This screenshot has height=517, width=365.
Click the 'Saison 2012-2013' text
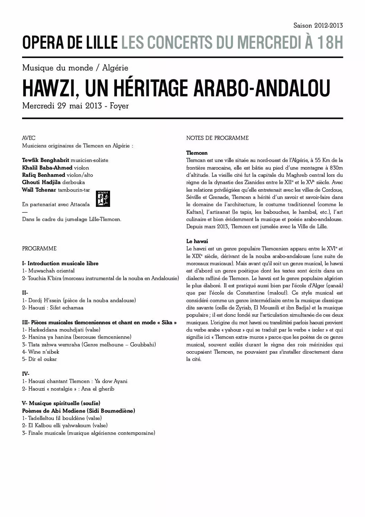318,26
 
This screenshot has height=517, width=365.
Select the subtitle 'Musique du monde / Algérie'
75,68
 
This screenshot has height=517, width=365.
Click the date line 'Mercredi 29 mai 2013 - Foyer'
75,106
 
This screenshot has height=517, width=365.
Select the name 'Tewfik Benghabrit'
46,160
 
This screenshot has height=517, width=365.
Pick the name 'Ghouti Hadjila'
41,182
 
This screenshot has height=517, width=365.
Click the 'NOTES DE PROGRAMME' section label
217,138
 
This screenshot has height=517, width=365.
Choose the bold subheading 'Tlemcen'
197,153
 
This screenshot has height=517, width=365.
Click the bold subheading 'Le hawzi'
197,241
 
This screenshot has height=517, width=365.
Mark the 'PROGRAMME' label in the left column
39,249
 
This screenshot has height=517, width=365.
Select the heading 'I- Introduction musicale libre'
60,263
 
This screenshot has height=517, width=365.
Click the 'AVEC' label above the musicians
29,138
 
